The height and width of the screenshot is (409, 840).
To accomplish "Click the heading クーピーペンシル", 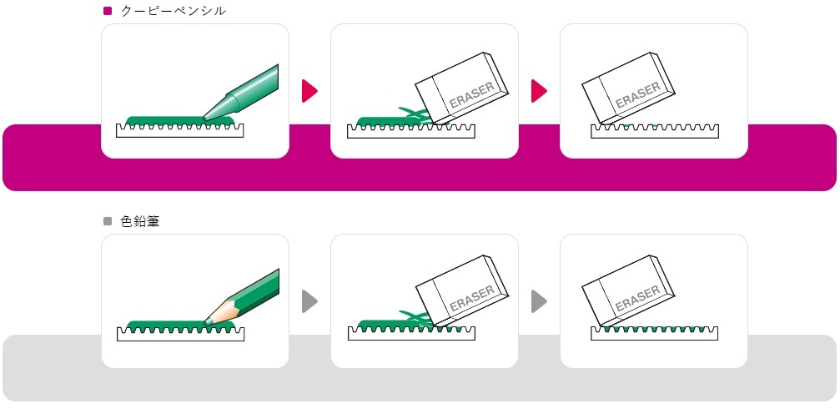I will coord(174,11).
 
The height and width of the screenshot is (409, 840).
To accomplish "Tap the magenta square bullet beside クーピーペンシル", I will coord(108,11).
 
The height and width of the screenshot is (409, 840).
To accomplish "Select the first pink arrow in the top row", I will coord(309,90).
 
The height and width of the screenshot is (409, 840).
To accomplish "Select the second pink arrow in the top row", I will coord(539,90).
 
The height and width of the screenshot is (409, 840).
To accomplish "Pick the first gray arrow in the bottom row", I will coord(309,300).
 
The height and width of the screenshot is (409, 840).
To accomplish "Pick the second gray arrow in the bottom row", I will coord(539,300).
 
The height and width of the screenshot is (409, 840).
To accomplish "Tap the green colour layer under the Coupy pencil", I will coord(167,120).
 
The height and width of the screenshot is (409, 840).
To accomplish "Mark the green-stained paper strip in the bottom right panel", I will coord(655,332).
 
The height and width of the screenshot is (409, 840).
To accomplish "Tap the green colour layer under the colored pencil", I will coord(167,324).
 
